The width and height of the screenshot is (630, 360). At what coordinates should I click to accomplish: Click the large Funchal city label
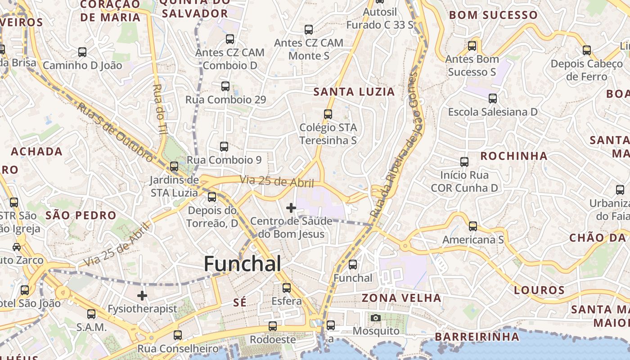coord(243,264)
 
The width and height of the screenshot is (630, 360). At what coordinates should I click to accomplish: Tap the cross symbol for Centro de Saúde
coord(291,208)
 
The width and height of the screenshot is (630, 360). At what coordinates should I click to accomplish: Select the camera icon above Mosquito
coord(376,318)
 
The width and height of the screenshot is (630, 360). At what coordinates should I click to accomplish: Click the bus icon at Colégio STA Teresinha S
coord(328,114)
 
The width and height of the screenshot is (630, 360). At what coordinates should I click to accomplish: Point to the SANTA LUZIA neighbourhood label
coord(354,92)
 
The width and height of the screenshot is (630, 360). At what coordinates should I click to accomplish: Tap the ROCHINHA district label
coord(514,156)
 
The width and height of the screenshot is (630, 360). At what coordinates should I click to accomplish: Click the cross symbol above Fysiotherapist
coord(142,296)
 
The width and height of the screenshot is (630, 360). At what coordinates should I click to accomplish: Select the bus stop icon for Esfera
coord(287,288)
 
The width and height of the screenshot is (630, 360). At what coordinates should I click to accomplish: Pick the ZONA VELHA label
coord(401,298)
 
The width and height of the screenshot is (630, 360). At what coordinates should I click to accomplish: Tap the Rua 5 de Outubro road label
coord(114,132)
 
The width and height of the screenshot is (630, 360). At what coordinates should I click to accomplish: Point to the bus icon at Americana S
coord(473,226)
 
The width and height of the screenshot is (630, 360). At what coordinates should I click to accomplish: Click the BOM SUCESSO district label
coord(493,15)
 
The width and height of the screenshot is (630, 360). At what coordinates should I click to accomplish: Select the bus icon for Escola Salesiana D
coord(493,98)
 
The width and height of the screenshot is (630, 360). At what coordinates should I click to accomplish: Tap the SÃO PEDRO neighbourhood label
coord(81,216)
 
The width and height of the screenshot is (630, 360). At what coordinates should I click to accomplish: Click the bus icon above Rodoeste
coord(273,326)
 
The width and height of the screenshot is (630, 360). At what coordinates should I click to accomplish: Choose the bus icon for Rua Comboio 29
coord(225,86)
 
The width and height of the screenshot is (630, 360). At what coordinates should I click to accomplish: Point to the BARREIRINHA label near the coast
coord(477,337)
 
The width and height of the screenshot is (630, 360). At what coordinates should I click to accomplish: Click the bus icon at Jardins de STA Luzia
coord(174,166)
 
